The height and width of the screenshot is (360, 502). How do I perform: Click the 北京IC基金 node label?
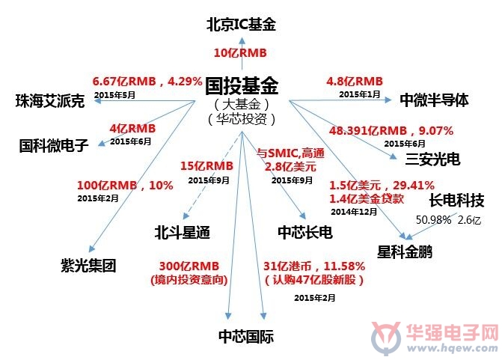(x=241, y=25)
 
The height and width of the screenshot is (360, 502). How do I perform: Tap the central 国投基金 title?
(x=242, y=86)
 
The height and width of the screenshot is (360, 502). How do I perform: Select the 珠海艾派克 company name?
(x=50, y=101)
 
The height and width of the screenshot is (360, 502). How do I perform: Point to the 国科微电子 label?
(x=54, y=145)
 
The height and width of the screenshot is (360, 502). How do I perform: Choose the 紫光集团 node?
(x=88, y=266)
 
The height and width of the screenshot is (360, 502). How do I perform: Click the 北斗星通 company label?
(x=182, y=232)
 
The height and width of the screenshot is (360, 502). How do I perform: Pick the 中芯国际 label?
(x=246, y=336)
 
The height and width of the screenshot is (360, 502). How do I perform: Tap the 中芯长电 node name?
(x=305, y=232)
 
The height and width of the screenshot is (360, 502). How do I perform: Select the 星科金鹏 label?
(x=405, y=251)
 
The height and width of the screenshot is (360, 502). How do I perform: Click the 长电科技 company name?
(x=456, y=200)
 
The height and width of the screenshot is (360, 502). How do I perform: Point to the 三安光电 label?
(x=432, y=159)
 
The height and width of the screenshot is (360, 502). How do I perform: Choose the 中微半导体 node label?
(x=434, y=100)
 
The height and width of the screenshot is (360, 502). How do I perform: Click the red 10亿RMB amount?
(x=240, y=53)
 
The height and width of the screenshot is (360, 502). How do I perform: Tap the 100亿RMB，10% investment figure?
(x=125, y=185)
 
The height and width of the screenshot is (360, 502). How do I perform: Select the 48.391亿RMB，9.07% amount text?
(x=391, y=131)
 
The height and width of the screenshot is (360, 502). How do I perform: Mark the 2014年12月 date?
(x=354, y=212)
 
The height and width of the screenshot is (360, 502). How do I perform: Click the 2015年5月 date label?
(x=114, y=95)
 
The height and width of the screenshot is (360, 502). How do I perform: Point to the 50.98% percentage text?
(x=433, y=220)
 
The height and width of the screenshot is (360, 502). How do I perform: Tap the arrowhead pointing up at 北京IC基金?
(x=242, y=40)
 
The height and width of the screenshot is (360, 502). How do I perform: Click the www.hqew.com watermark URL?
(x=452, y=348)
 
